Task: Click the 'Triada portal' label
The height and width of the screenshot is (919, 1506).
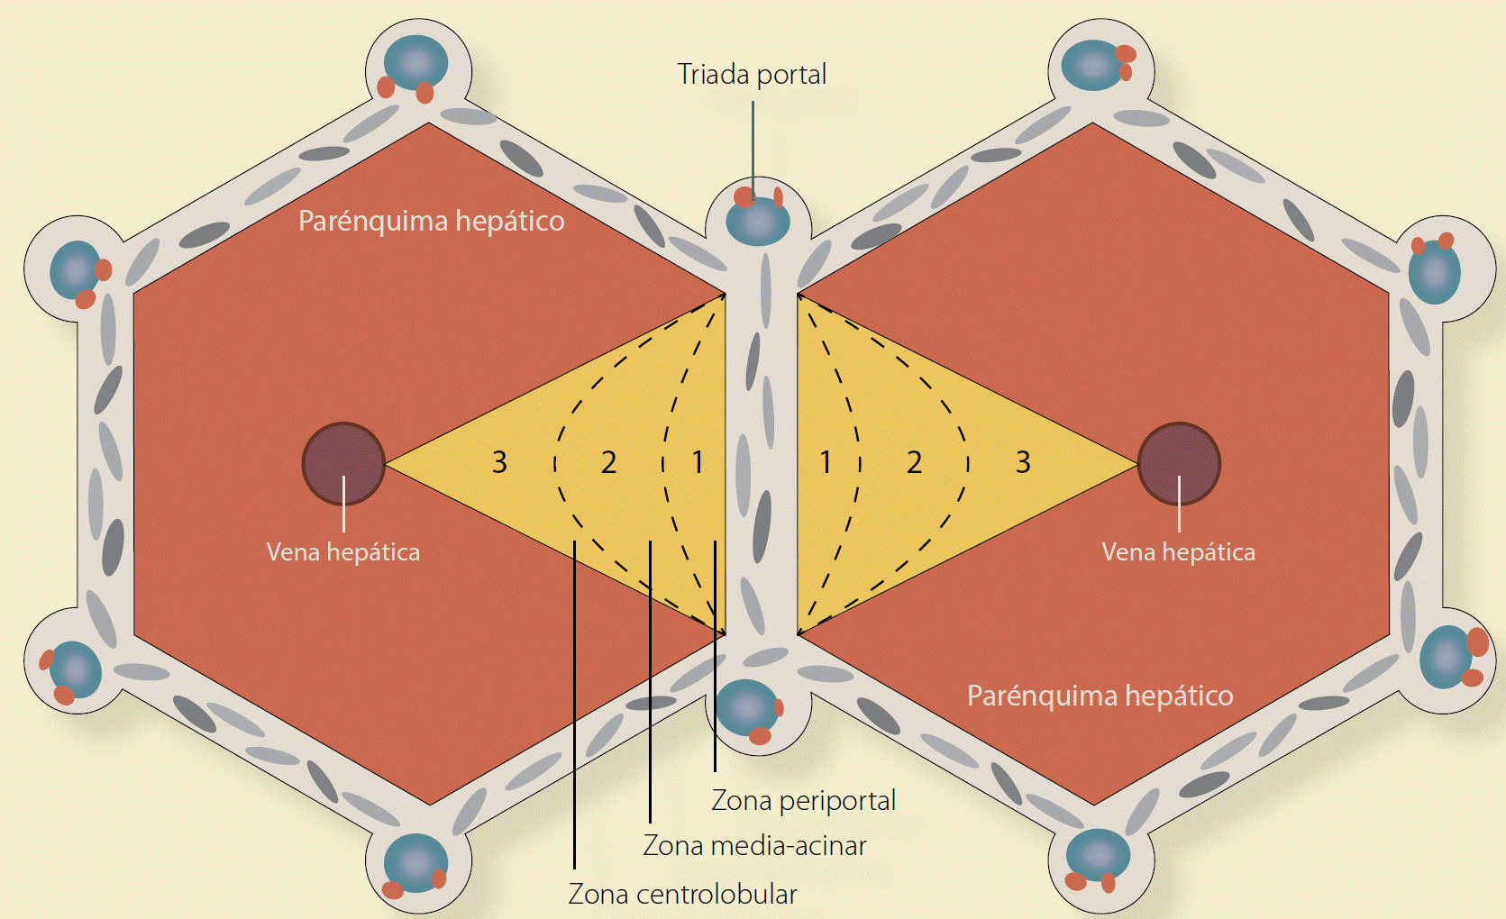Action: coord(752,75)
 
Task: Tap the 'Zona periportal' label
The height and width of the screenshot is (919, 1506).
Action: coord(803,801)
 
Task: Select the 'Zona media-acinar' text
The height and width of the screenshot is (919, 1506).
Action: coord(754,846)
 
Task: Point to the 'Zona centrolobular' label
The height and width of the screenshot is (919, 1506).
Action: coord(682,894)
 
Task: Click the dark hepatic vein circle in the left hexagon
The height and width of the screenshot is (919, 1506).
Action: coord(343,463)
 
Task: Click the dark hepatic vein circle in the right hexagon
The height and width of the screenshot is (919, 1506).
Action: coord(1179,463)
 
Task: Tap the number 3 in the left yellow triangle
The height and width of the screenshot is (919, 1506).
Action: coord(499,462)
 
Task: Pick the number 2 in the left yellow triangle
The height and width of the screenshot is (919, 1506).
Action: coord(608,462)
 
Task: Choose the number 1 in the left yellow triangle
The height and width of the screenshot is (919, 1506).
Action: coord(698,462)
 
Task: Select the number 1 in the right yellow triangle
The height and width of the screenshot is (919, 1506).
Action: coord(825,462)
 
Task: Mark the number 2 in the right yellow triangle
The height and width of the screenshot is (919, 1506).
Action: coord(914,462)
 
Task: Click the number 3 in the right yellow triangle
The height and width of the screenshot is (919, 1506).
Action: coord(1023,462)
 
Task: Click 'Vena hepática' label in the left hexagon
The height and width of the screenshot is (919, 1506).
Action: coord(343,552)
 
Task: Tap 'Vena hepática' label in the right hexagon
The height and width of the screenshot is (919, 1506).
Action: coord(1179,552)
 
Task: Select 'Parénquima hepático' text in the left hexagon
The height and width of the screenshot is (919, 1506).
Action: coord(432,222)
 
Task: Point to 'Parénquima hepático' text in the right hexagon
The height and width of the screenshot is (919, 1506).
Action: coord(1100,696)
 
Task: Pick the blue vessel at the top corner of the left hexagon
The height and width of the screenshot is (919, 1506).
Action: coord(415,62)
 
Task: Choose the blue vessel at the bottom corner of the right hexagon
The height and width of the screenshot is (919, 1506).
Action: coord(1098,855)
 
